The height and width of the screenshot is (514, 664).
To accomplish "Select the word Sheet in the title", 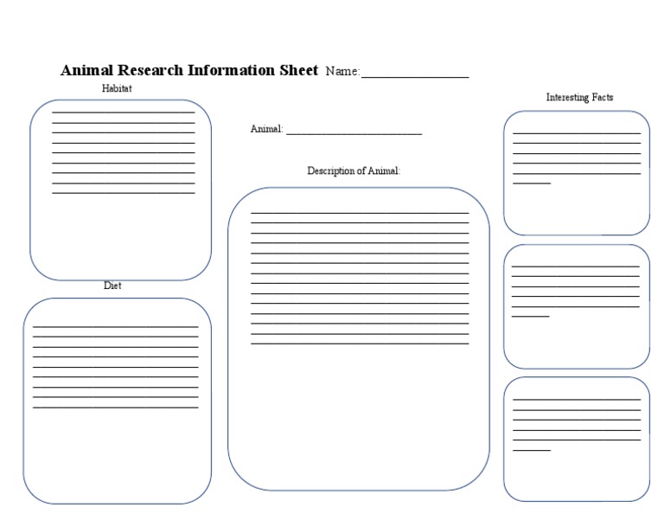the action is (x=298, y=70).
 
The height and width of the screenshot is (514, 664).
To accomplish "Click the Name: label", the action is (x=342, y=72).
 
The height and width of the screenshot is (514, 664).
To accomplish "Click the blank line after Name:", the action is (x=415, y=77).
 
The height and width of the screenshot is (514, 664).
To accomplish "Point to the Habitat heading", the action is (x=117, y=88).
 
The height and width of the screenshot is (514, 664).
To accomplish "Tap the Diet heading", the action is (x=112, y=286).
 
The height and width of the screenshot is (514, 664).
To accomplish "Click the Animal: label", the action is (x=266, y=129).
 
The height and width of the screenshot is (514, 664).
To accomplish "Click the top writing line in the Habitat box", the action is (x=124, y=112).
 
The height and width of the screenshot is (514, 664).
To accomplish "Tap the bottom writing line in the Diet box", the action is (x=115, y=407).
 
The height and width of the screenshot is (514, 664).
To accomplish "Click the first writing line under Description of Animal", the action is (x=360, y=212).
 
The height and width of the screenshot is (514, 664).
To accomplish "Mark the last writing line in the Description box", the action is (x=360, y=344).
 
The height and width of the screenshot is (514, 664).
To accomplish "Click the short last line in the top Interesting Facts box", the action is (x=532, y=183).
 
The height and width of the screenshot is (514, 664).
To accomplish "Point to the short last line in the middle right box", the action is (x=530, y=317).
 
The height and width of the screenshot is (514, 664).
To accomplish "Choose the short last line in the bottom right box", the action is (x=532, y=450).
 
